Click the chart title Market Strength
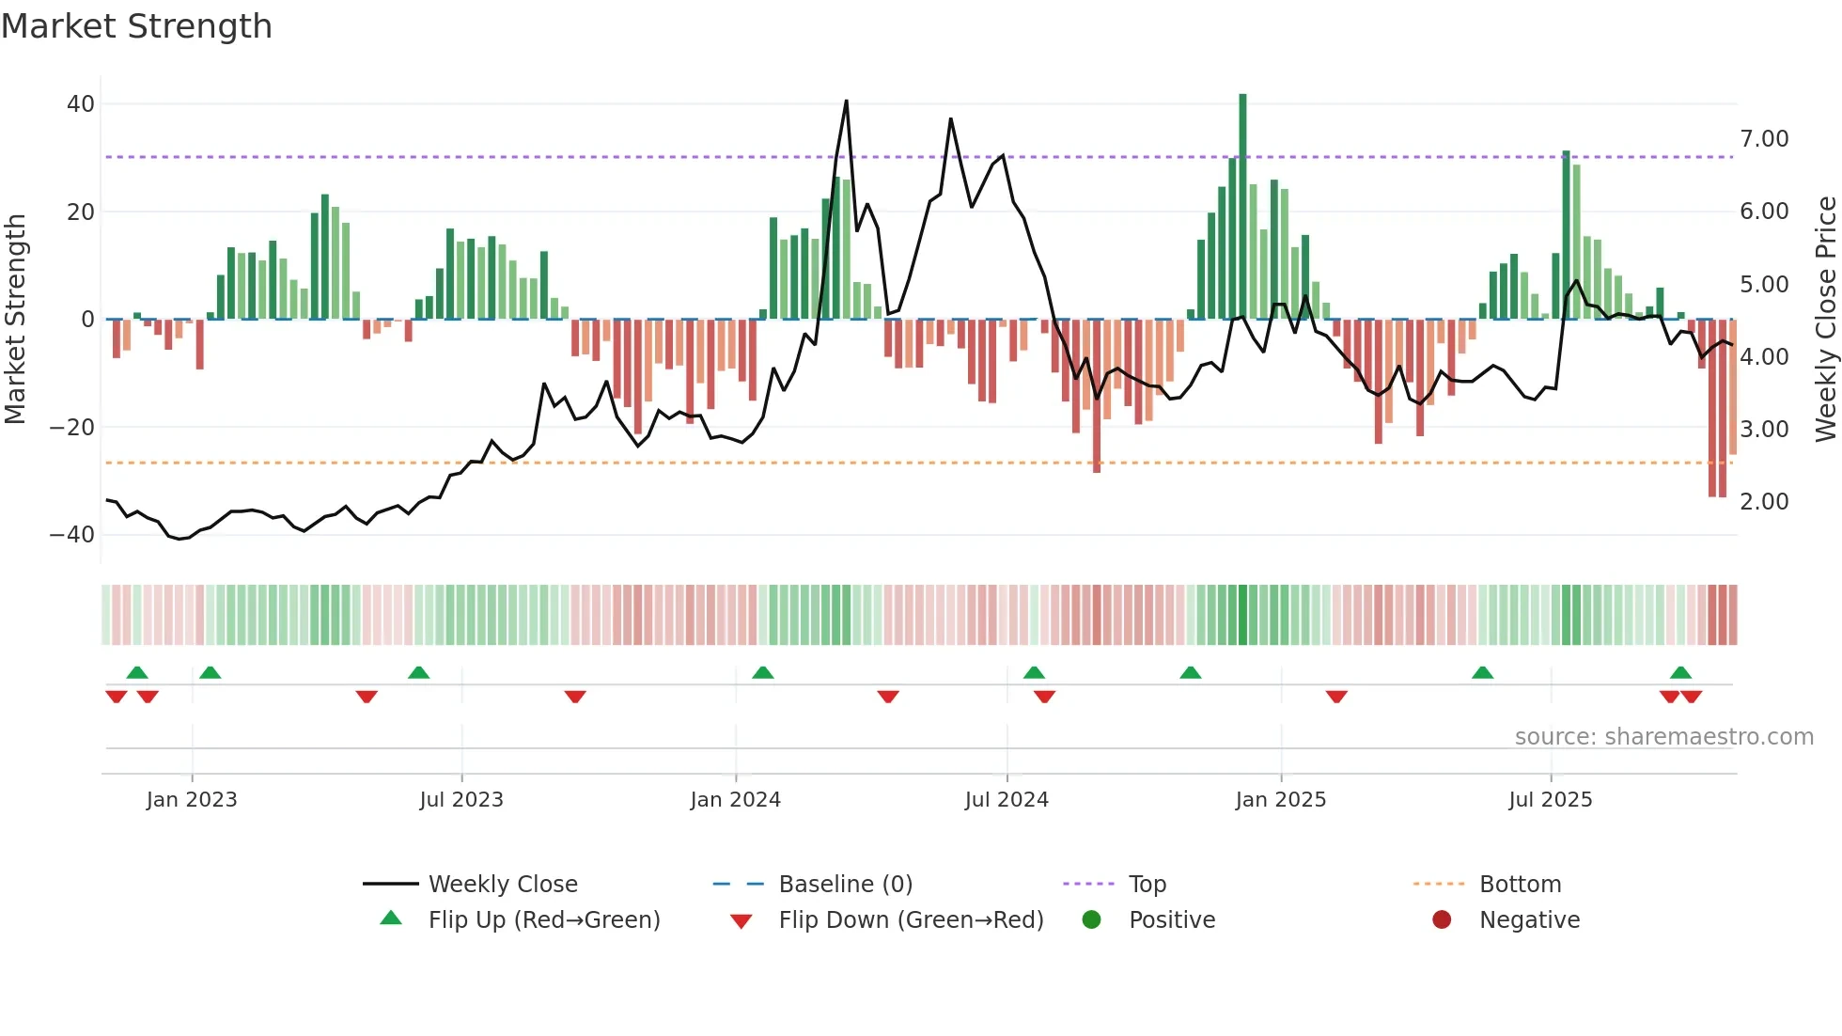[136, 26]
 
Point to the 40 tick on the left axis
[81, 104]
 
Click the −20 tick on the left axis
[72, 428]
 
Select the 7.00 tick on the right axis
[1764, 139]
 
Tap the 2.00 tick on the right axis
[1764, 502]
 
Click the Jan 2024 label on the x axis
[735, 800]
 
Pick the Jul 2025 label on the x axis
[1550, 800]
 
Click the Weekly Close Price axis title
[1825, 319]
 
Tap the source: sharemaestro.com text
[1663, 737]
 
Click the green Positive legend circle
[1091, 920]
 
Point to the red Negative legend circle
[1442, 920]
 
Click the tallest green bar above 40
[1242, 207]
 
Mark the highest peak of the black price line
[846, 102]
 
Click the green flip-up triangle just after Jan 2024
[763, 673]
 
